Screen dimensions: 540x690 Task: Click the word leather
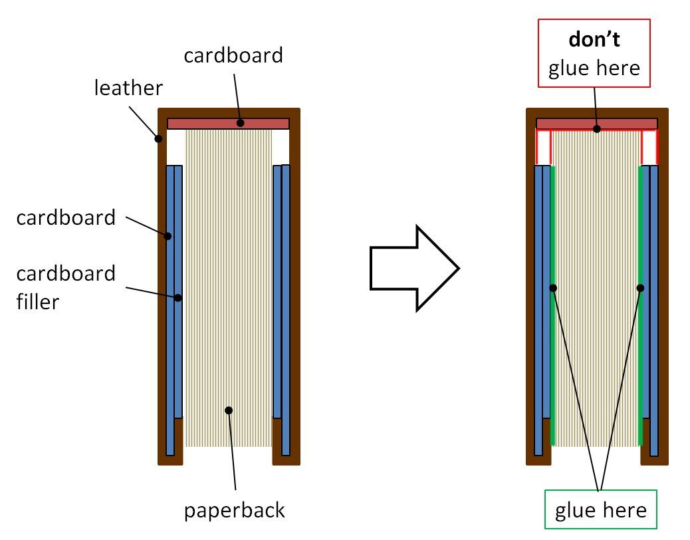point(128,87)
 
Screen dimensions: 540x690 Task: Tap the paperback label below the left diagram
point(235,510)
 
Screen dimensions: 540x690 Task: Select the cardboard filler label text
point(66,287)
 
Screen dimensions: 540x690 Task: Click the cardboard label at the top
point(233,55)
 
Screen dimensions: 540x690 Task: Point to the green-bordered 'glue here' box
point(600,509)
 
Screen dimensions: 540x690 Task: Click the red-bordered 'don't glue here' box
point(594,53)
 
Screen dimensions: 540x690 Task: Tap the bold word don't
point(594,39)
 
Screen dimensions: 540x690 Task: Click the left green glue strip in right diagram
point(552,333)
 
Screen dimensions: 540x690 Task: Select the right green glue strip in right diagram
point(641,333)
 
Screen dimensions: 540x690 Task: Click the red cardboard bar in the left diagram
point(228,124)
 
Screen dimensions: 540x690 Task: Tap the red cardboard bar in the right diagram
point(596,124)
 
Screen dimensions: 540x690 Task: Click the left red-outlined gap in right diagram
point(544,147)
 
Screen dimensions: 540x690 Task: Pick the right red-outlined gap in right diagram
point(649,147)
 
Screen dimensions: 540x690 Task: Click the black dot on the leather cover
point(158,139)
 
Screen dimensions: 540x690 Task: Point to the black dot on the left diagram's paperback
point(229,410)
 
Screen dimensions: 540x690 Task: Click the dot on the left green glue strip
point(553,288)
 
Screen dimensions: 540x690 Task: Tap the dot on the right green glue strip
point(641,288)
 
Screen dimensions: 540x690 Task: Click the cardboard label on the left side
point(66,217)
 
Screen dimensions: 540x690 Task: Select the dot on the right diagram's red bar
point(596,129)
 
